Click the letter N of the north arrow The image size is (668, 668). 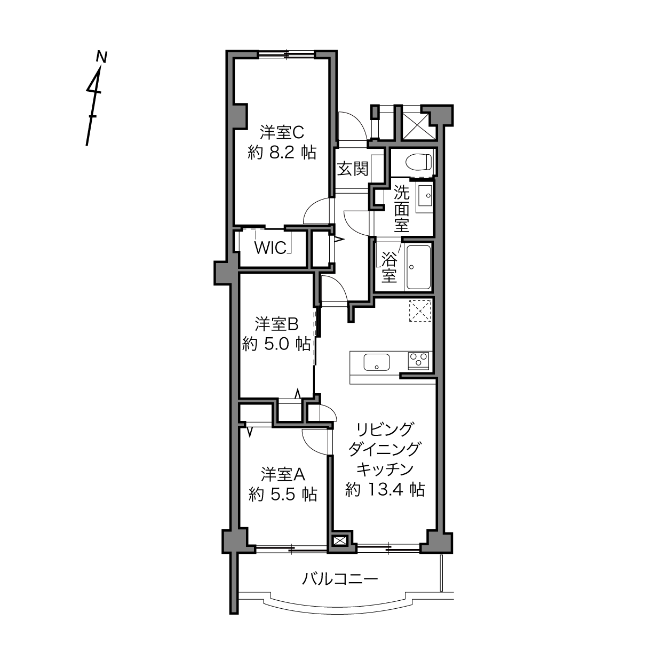click(101, 57)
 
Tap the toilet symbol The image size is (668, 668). click(419, 162)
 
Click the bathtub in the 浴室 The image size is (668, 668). click(418, 267)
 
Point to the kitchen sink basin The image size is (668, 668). click(377, 362)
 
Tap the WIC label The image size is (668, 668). click(271, 248)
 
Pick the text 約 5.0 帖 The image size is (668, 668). click(276, 344)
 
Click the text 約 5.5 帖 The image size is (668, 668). click(283, 494)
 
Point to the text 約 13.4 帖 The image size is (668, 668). click(385, 490)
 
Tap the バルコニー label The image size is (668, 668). click(339, 579)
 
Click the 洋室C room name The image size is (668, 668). click(282, 132)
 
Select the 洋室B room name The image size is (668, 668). click(276, 324)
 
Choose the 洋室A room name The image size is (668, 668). click(283, 474)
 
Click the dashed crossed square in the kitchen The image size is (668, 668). click(420, 311)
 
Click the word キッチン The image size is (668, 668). click(385, 470)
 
